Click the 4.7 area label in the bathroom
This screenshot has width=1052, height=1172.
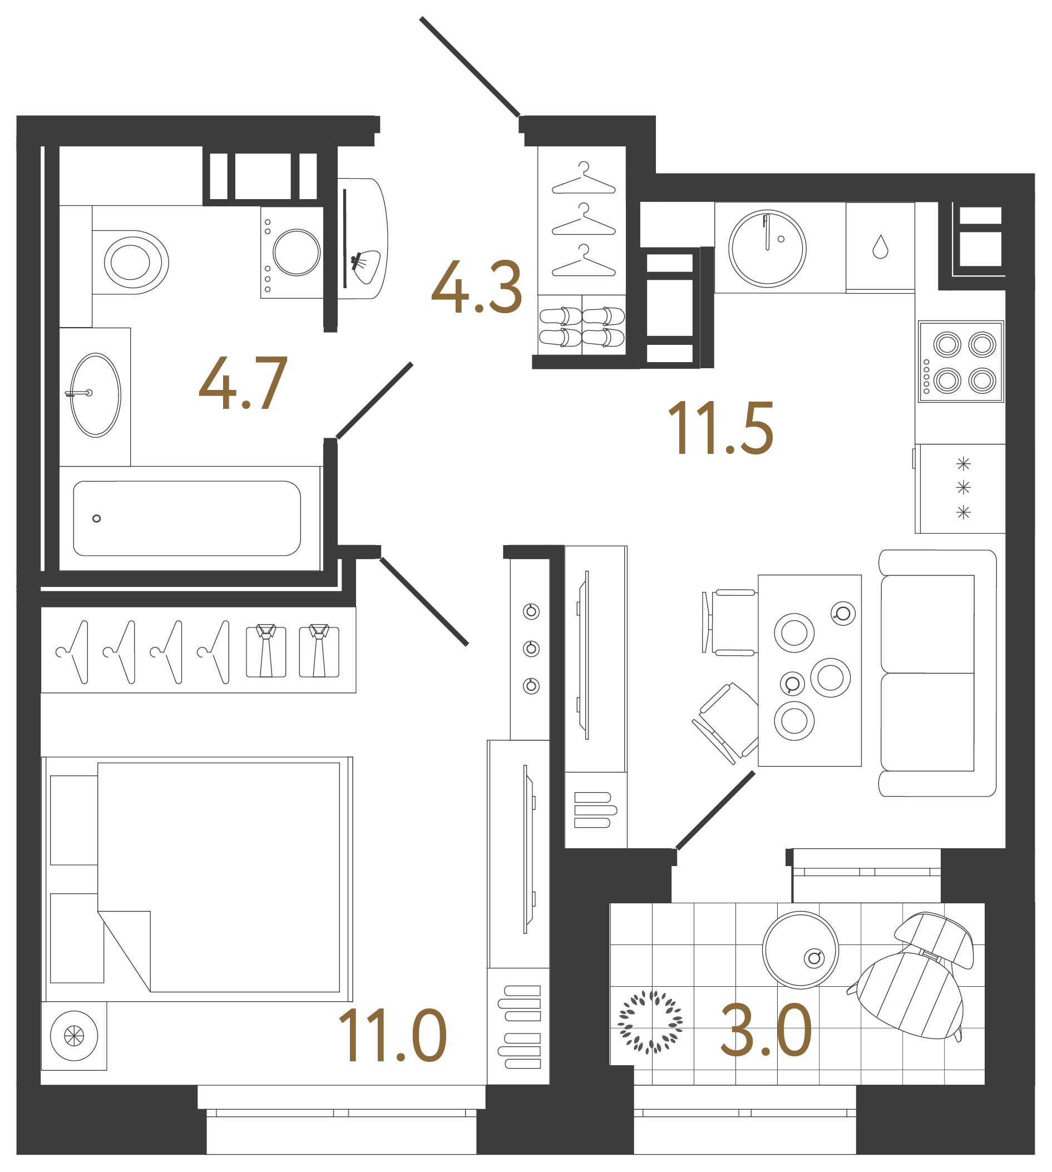point(243,383)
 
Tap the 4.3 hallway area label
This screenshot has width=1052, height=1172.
point(477,287)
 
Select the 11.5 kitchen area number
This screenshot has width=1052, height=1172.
point(720,428)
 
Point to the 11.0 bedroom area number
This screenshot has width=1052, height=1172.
point(392,1036)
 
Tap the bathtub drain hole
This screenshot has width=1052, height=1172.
point(97,518)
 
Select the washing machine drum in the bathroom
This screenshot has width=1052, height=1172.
point(297,253)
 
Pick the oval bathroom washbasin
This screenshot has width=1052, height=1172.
point(95,395)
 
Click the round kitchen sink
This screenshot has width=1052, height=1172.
point(767,249)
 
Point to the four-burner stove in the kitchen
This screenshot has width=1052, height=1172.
point(961,362)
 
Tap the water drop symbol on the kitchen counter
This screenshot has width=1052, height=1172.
point(880,247)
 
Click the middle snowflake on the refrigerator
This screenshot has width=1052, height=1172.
point(963,488)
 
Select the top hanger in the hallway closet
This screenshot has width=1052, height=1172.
point(584,179)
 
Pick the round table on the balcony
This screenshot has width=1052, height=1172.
point(800,950)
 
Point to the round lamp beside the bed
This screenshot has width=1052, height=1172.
point(74,1036)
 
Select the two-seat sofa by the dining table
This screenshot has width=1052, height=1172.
point(936,672)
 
